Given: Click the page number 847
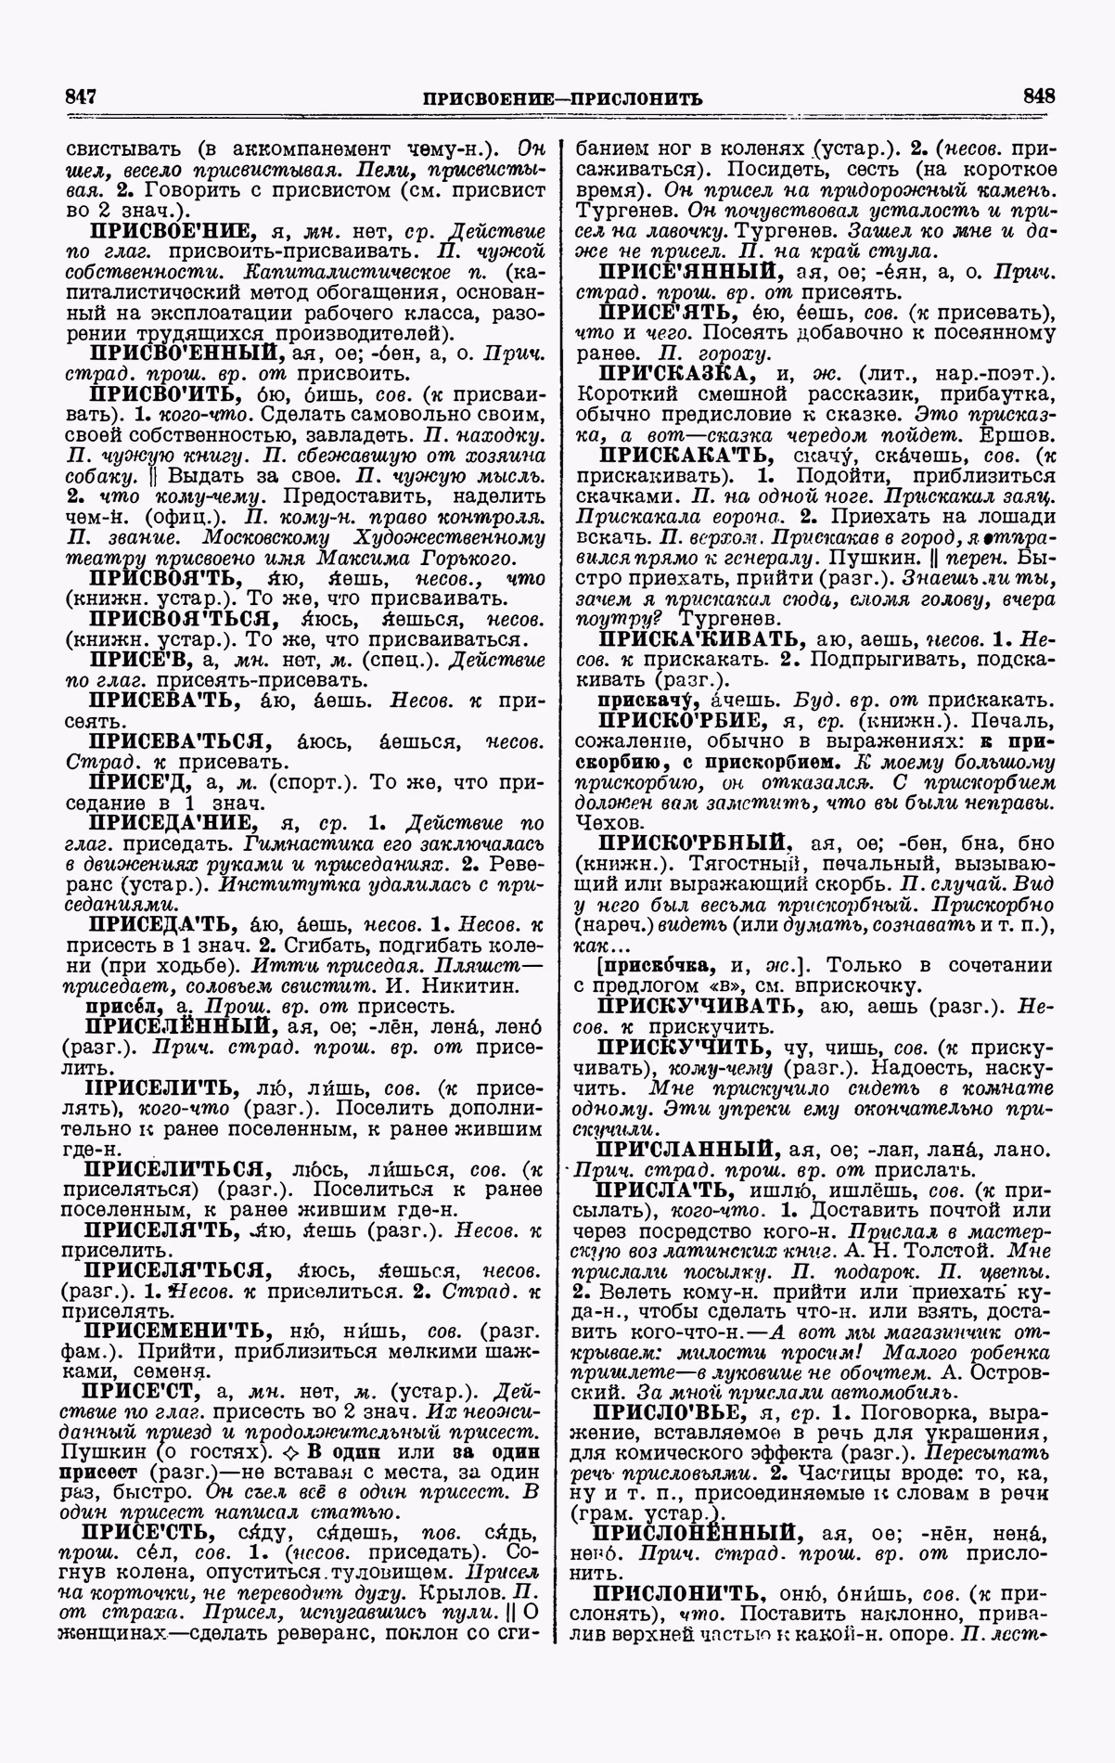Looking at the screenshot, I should (81, 97).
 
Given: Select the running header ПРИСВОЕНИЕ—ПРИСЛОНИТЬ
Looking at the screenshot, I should (561, 97).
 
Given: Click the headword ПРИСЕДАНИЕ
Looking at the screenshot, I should (172, 822).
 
